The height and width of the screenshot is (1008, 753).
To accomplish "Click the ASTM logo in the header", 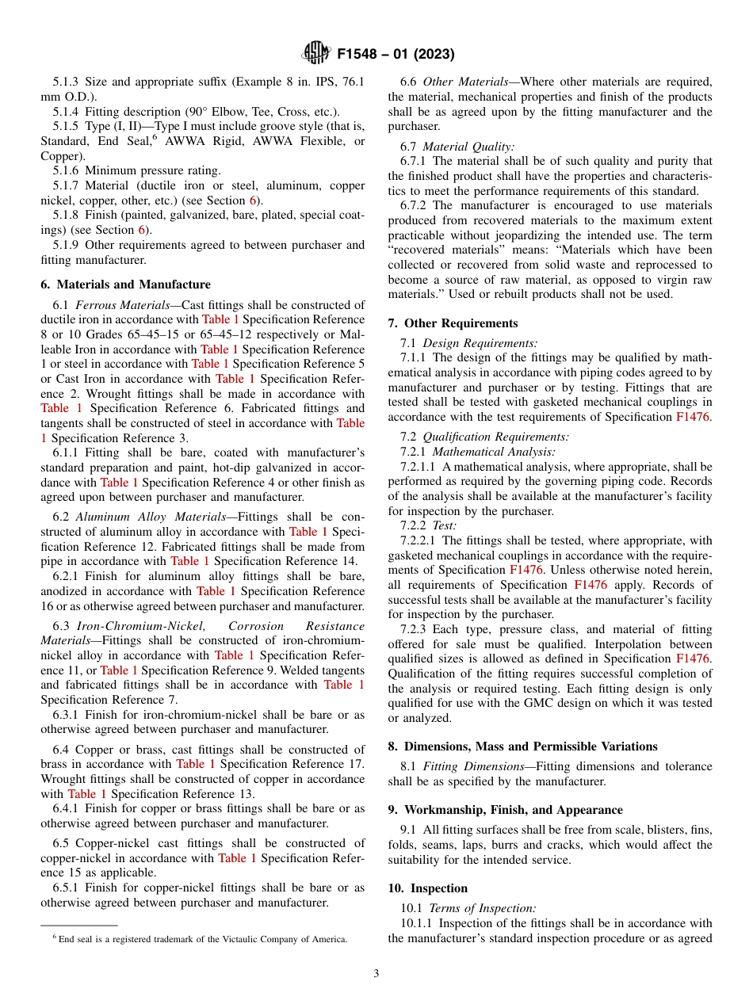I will click(316, 54).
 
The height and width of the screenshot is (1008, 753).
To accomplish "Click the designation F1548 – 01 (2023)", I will click(396, 55).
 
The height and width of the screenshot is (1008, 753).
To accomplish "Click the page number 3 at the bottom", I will click(376, 974).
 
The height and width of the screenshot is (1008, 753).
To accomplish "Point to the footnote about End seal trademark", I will click(199, 939).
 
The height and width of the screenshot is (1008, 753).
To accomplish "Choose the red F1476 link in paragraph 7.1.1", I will click(694, 418).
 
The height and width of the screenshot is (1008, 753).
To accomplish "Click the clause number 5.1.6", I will click(67, 170).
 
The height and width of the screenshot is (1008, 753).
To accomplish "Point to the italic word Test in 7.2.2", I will click(445, 525).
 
